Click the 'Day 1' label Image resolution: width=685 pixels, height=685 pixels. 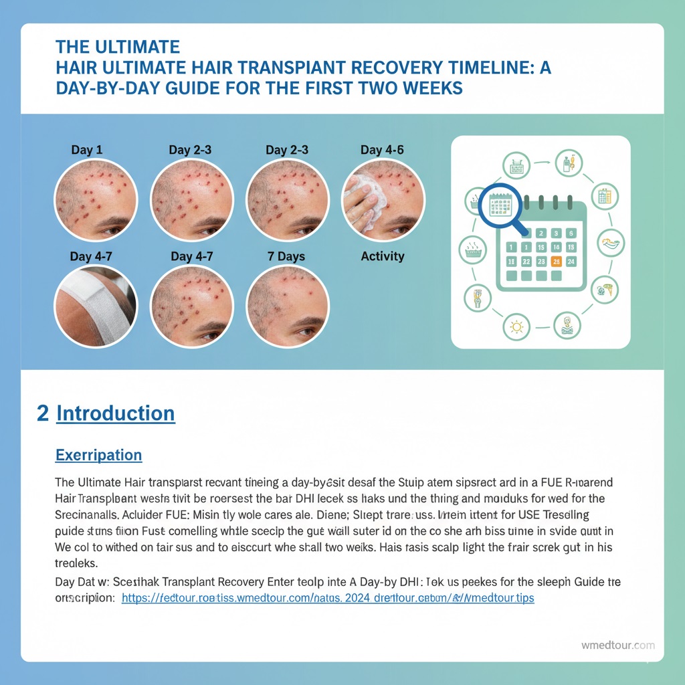tap(87, 150)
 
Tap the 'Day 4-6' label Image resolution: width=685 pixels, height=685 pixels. tap(382, 150)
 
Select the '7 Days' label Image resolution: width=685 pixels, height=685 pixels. tap(286, 256)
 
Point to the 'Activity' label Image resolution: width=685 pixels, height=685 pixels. tap(382, 256)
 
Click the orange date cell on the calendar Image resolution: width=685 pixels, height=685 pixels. tap(555, 262)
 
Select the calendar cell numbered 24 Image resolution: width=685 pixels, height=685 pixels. tap(571, 262)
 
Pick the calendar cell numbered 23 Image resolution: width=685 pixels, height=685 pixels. tap(541, 262)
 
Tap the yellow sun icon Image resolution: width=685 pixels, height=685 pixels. tap(516, 327)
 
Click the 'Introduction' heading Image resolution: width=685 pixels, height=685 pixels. tap(115, 413)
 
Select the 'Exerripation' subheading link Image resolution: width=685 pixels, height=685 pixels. tap(98, 455)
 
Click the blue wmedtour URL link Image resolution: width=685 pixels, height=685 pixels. tap(327, 598)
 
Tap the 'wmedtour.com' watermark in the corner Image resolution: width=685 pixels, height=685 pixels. tap(617, 646)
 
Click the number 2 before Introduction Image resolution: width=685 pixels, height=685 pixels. tap(43, 413)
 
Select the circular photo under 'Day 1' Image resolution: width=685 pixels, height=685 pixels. tap(96, 199)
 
